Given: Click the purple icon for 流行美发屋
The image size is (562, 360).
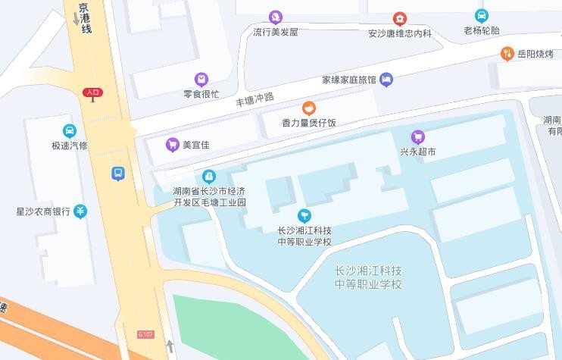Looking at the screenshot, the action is pyautogui.click(x=276, y=17).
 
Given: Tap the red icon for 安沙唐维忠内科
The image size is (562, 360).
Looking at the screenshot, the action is pyautogui.click(x=399, y=18).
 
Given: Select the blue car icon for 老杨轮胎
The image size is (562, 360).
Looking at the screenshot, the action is pyautogui.click(x=481, y=15).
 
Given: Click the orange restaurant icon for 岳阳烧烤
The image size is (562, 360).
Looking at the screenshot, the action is pyautogui.click(x=507, y=53).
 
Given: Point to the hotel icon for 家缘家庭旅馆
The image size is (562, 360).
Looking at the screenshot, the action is pyautogui.click(x=386, y=79).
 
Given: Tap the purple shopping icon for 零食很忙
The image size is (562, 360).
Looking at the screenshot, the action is pyautogui.click(x=201, y=79).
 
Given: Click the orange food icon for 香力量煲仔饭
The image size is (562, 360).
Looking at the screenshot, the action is pyautogui.click(x=308, y=108).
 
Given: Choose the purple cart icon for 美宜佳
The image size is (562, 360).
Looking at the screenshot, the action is pyautogui.click(x=173, y=144).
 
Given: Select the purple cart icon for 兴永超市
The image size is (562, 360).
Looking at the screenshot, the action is pyautogui.click(x=417, y=136).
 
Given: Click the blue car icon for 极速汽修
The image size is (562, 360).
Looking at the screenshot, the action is pyautogui.click(x=70, y=130).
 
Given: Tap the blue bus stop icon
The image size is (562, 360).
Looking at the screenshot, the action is pyautogui.click(x=118, y=174).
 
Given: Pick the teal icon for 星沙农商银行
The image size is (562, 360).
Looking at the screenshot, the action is pyautogui.click(x=80, y=211).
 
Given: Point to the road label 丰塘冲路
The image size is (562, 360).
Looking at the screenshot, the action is pyautogui.click(x=254, y=99).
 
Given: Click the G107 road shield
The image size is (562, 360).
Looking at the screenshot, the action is pyautogui.click(x=146, y=334).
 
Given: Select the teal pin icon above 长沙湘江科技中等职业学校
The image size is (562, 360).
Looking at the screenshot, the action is pyautogui.click(x=304, y=215).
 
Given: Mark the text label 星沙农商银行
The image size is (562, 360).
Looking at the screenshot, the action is pyautogui.click(x=43, y=211).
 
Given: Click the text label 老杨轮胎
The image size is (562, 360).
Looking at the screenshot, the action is pyautogui.click(x=482, y=31).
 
